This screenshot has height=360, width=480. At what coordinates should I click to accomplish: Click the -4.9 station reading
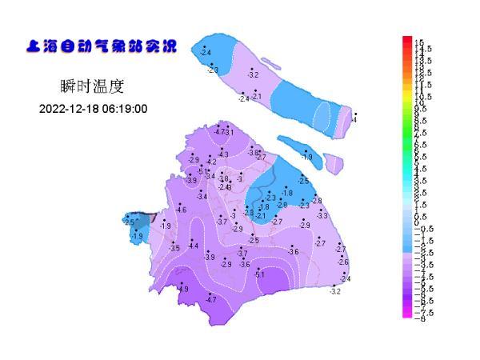point(183,289)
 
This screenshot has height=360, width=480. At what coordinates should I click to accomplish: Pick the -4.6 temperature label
point(181,210)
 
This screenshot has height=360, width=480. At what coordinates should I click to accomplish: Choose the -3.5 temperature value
point(175,249)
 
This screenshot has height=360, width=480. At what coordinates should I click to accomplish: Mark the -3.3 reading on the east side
point(322,216)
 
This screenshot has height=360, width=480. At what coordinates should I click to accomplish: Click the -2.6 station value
point(343,262)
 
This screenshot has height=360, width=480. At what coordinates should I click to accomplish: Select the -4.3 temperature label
point(223,154)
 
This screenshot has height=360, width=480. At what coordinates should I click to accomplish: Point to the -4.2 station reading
point(211,162)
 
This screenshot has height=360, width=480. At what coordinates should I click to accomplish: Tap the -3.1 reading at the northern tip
point(229,132)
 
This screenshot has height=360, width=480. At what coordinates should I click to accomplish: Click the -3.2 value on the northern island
point(254,74)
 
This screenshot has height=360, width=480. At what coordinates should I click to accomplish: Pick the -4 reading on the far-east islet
point(354,120)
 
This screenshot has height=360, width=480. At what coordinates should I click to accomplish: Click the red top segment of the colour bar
point(407,40)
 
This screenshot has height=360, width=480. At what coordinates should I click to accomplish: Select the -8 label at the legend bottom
point(419,318)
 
